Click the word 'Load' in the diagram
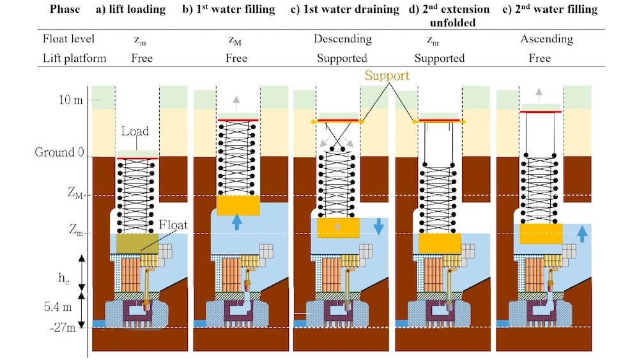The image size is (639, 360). click(135, 131)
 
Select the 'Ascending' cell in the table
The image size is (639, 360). click(547, 39)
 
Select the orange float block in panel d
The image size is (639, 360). click(440, 244)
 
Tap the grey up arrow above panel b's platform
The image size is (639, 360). click(237, 99)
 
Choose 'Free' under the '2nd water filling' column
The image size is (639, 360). click(540, 58)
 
